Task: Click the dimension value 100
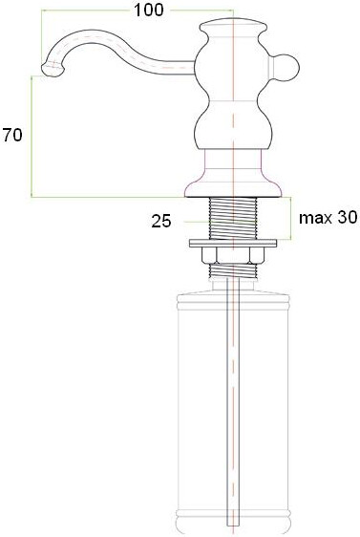149,10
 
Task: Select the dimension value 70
12,136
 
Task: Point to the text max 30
328,218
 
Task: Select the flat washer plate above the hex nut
231,240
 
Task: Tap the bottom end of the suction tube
231,522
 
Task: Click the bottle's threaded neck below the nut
231,272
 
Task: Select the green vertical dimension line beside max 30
289,219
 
